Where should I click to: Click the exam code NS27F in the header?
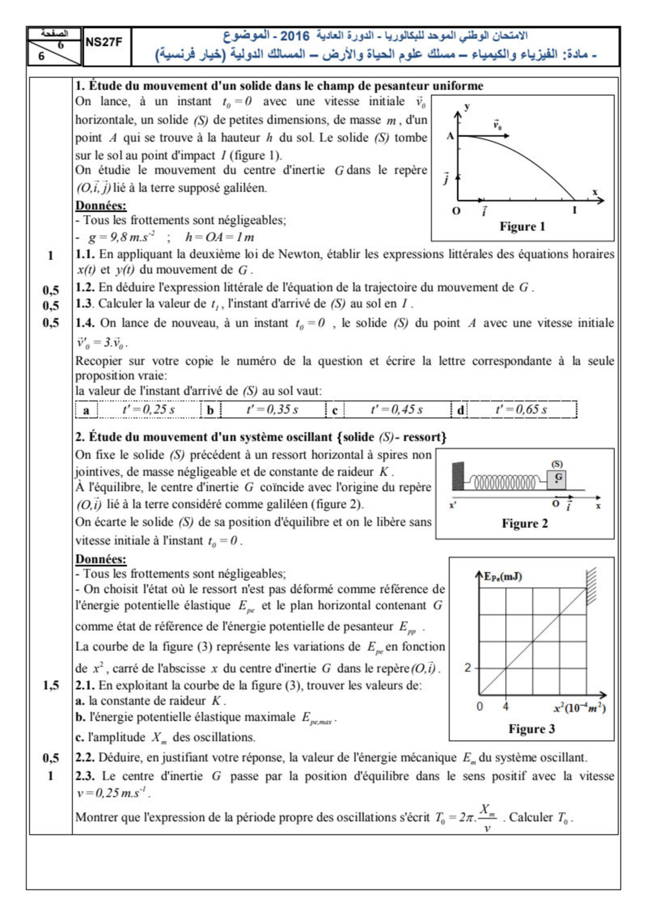point(103,43)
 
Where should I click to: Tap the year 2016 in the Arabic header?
point(294,36)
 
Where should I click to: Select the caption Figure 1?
point(522,227)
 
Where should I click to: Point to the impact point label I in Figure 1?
point(575,211)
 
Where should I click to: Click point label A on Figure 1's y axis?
point(450,136)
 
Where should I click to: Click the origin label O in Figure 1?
point(456,211)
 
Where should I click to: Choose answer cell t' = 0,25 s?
point(148,410)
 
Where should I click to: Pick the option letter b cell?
point(210,410)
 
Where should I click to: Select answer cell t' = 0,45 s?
point(396,410)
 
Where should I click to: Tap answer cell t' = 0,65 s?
point(521,410)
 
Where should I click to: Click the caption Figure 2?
point(525,523)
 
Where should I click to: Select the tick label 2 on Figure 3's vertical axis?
point(467,668)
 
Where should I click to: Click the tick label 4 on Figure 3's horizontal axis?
point(505,707)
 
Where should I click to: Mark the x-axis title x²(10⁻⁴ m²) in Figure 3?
point(579,708)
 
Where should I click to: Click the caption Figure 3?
point(531,729)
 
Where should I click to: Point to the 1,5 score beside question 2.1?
point(51,686)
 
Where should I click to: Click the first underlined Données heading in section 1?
point(101,205)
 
